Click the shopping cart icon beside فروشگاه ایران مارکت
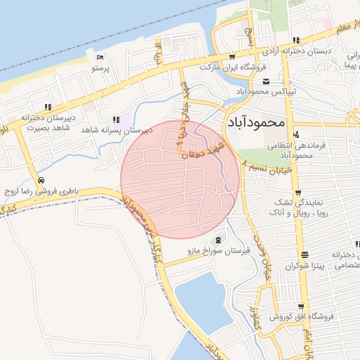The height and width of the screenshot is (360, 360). (x=232, y=56)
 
